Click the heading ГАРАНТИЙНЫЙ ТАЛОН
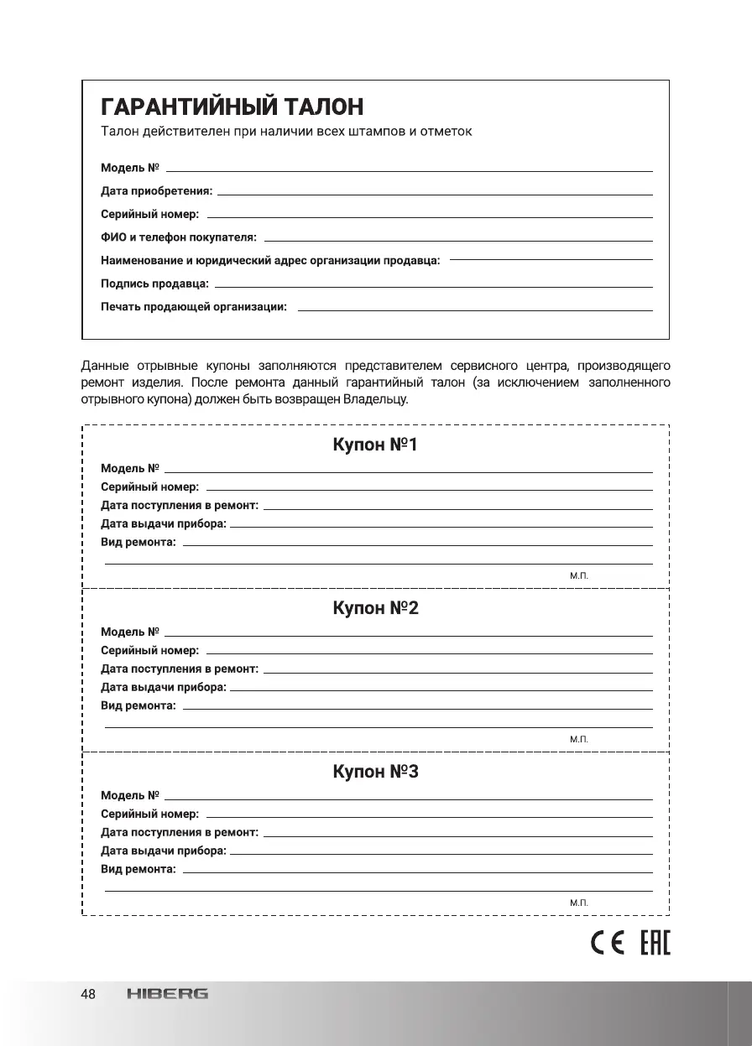(x=232, y=107)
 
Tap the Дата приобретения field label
(x=157, y=191)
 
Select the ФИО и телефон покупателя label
(x=179, y=238)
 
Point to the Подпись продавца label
(x=155, y=284)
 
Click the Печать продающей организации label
(x=194, y=308)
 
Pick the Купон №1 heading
(x=375, y=445)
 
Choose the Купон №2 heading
(x=375, y=608)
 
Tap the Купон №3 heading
(x=375, y=772)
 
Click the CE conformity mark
(x=606, y=944)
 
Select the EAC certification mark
(x=655, y=944)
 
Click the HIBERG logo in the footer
(x=168, y=995)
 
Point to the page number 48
(x=88, y=995)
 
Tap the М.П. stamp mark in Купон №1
(x=579, y=575)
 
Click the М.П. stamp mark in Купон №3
(x=579, y=903)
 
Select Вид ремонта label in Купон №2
(x=138, y=706)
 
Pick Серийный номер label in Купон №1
(x=150, y=487)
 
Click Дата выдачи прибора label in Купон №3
(x=164, y=851)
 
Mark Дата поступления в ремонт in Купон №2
(x=180, y=669)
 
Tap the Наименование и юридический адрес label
(x=270, y=261)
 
